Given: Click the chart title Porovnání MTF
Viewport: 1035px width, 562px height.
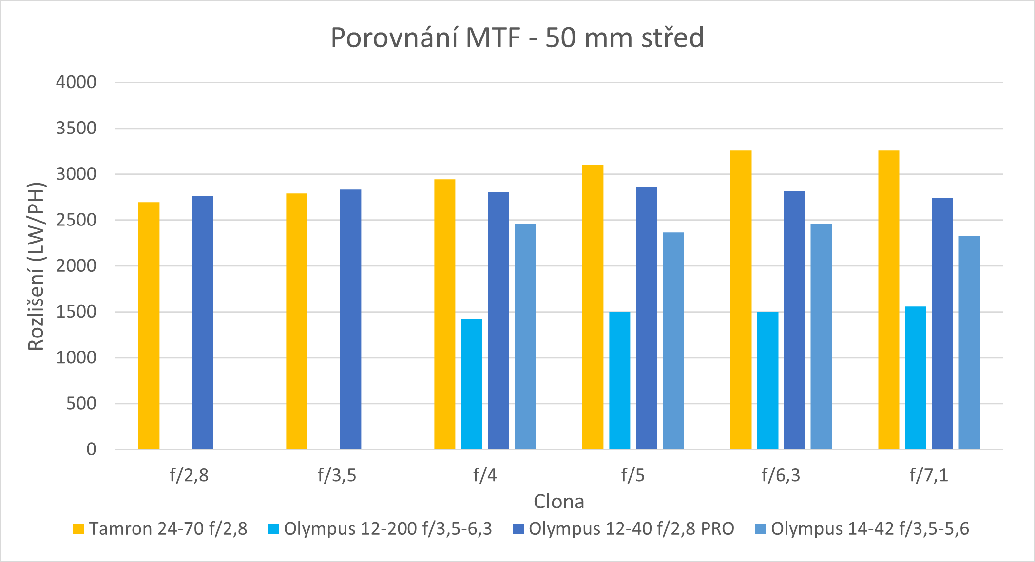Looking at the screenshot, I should tap(517, 38).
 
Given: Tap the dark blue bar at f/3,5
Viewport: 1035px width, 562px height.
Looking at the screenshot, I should tap(350, 319).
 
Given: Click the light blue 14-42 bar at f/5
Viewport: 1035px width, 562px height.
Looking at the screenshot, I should tap(673, 340).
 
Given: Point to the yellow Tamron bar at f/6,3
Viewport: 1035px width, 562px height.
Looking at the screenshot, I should tap(741, 300).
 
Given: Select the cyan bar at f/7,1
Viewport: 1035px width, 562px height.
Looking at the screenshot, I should tap(915, 377).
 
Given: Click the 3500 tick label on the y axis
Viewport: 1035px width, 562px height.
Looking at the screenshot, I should tap(76, 129).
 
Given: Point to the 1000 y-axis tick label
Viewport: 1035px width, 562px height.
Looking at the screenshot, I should tap(76, 358).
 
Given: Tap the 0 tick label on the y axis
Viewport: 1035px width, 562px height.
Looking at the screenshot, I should tap(91, 450).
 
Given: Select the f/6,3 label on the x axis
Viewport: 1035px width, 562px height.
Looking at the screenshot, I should tap(781, 475).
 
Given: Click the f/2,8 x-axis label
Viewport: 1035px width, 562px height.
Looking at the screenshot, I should tap(189, 475).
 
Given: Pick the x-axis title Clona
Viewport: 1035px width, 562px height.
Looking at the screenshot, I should tap(558, 502).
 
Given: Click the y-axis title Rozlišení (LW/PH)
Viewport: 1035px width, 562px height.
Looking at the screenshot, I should tap(36, 266).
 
